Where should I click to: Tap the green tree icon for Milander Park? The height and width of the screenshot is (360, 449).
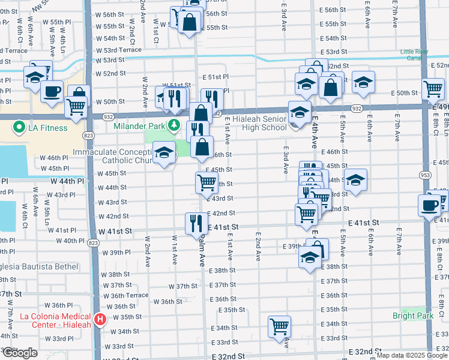click(x=173, y=125)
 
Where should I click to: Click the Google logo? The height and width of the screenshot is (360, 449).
click(x=20, y=353)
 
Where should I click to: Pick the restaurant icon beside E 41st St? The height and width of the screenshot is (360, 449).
click(x=196, y=223)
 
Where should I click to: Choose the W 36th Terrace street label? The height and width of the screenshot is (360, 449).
click(x=126, y=295)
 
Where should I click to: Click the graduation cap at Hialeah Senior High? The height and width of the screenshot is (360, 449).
click(x=300, y=112)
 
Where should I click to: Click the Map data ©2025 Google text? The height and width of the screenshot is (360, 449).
click(x=412, y=355)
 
